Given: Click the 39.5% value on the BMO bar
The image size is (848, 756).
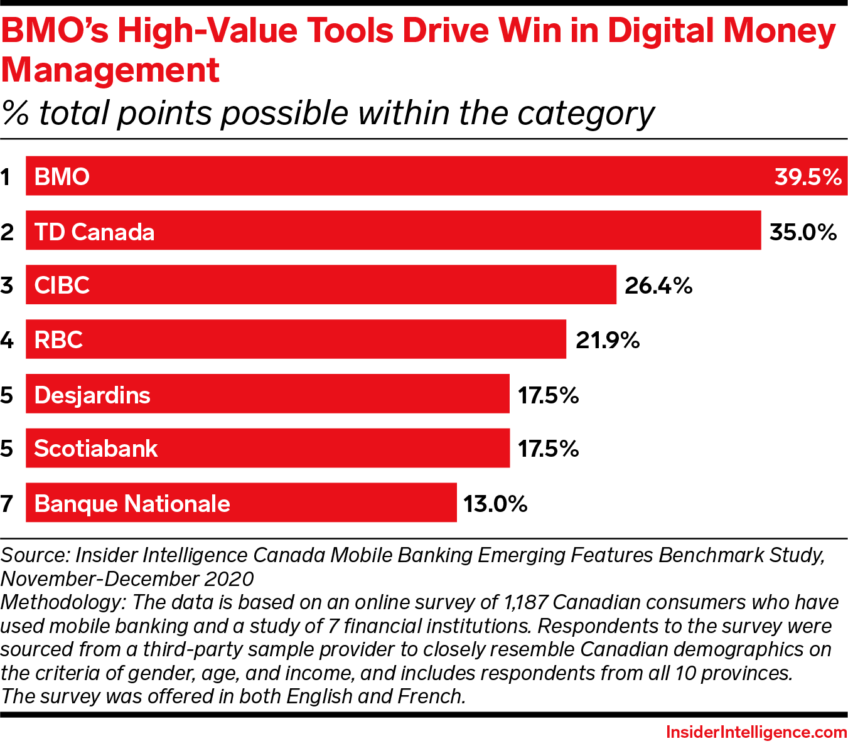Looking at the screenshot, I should click(807, 177).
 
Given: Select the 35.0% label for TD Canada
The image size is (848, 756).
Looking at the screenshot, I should click(803, 232).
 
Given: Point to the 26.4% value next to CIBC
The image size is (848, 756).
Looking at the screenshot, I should click(658, 286).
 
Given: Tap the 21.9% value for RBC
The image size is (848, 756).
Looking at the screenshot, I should click(607, 341).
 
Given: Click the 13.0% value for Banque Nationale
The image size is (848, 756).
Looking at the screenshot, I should click(495, 504).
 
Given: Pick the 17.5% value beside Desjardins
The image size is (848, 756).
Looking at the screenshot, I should click(547, 395).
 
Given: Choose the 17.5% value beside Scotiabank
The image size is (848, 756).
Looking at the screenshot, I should click(547, 449).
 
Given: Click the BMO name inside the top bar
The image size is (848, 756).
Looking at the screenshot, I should click(62, 177).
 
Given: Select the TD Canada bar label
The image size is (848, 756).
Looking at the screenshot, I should click(94, 232).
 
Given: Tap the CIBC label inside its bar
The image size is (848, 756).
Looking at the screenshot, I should click(62, 286).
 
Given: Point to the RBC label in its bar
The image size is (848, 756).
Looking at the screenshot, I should click(58, 341).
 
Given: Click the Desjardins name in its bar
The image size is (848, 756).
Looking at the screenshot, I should click(92, 395).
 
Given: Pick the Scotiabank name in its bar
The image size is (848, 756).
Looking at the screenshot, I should click(95, 449).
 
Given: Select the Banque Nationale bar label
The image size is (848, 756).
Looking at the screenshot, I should click(132, 504).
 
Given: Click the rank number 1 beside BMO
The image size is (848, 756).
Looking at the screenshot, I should click(6, 178).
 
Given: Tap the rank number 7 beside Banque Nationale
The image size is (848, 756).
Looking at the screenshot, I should click(6, 504).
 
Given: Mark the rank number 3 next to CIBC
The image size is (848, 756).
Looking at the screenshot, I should click(6, 286).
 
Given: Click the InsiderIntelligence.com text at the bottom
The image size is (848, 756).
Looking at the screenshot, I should click(756, 732).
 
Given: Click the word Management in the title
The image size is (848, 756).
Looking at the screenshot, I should click(110, 70).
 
